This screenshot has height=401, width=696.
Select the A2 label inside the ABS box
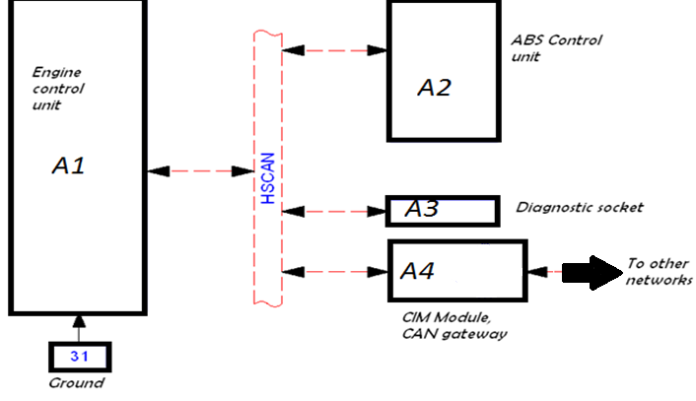[x=434, y=88]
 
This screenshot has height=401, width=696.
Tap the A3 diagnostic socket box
[x=443, y=210]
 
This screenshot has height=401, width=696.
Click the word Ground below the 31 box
[x=76, y=383]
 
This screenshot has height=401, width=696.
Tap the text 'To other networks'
[x=658, y=272]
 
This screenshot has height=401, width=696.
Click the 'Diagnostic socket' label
[x=579, y=208]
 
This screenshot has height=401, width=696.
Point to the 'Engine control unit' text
[x=59, y=89]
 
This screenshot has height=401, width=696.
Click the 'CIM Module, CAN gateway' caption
[x=452, y=326]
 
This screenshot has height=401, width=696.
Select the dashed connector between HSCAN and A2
[x=333, y=48]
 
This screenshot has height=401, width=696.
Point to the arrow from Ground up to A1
[x=80, y=328]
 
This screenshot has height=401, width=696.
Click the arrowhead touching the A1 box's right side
[x=156, y=170]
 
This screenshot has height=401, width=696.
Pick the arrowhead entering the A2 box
[x=378, y=48]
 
